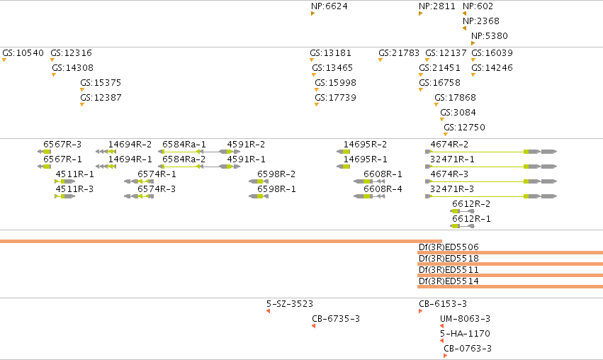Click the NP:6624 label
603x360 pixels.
pos(329,6)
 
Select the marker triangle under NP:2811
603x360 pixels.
pos(420,13)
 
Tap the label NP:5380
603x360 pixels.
pos(490,35)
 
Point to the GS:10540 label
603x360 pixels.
pos(23,52)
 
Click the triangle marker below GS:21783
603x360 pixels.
pos(381,60)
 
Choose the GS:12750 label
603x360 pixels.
pos(465,128)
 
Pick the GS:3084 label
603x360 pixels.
pos(458,112)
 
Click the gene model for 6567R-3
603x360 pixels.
pos(44,152)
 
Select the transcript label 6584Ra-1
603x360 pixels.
pos(184,145)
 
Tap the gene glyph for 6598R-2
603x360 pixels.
pos(259,181)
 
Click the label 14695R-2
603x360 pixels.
pos(366,145)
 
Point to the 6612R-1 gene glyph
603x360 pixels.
pos(462,226)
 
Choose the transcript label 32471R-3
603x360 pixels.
pos(452,189)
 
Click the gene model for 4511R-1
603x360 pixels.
pos(65,181)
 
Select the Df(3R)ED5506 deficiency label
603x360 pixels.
pos(449,247)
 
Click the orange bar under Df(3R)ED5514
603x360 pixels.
pos(510,286)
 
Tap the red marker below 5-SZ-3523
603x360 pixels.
pos(268,311)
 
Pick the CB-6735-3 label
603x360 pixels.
pos(336,318)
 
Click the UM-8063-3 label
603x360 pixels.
pos(466,318)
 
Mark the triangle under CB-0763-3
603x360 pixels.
pos(445,356)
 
